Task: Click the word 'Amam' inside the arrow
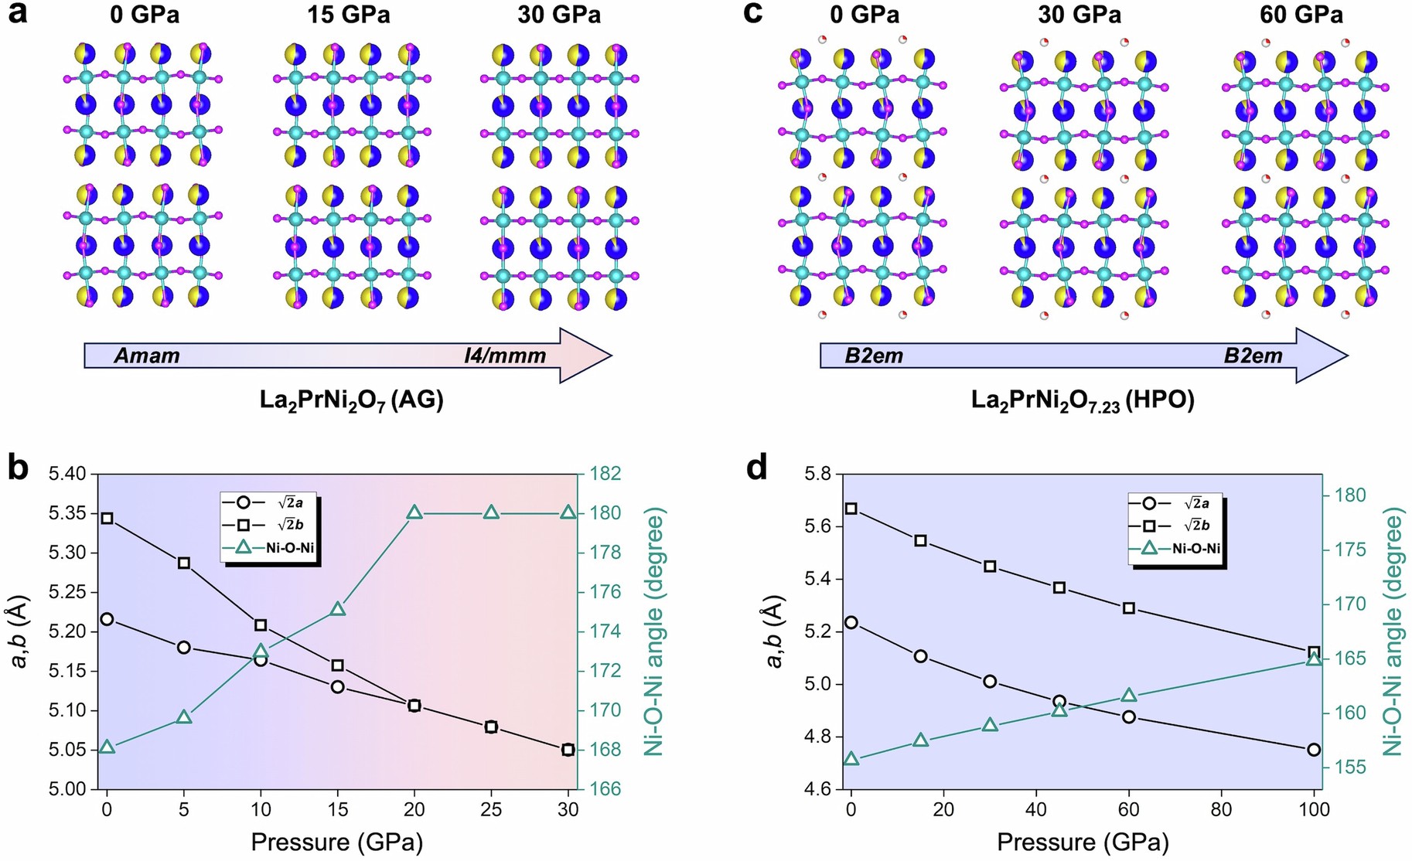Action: click(147, 356)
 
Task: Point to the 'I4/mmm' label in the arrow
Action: click(505, 356)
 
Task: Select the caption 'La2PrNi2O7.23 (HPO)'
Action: click(1083, 401)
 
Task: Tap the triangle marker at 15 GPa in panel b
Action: click(337, 610)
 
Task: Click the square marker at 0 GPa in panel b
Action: click(107, 518)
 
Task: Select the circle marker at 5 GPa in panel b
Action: click(184, 647)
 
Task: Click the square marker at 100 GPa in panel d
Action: click(1314, 653)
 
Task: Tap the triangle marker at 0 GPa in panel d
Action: click(851, 759)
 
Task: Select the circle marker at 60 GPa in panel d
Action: click(1129, 716)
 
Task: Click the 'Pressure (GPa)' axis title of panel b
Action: click(337, 842)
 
